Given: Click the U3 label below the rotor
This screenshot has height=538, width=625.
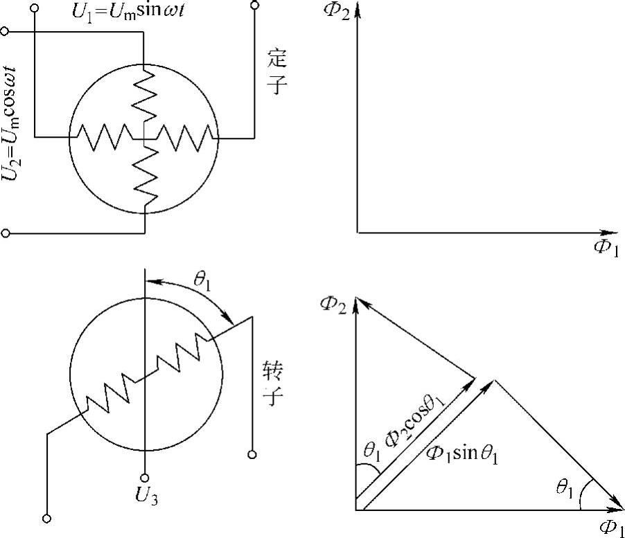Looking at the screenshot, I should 145,496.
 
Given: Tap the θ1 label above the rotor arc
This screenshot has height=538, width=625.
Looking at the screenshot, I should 202,283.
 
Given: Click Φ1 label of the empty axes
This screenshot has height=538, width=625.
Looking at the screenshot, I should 605,249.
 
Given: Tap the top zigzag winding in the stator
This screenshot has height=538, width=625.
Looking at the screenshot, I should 144,97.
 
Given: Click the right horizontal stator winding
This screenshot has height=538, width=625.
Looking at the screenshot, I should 182,137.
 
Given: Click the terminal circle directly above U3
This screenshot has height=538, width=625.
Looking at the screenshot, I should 145,476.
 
